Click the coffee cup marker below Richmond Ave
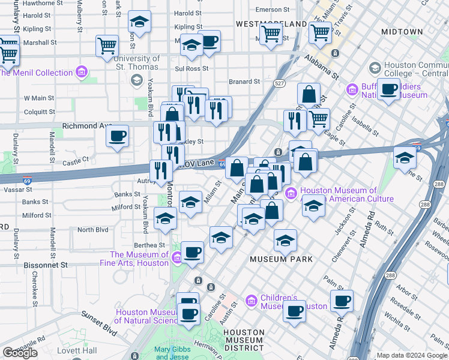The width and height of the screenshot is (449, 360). [x=118, y=135]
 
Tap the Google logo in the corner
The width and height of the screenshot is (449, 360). [x=20, y=353]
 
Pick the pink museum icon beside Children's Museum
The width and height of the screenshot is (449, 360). [x=251, y=300]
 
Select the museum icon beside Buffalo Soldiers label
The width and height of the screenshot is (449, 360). [x=352, y=90]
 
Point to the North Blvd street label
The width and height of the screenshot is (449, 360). [x=92, y=230]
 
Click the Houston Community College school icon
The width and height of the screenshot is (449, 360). [x=375, y=67]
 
